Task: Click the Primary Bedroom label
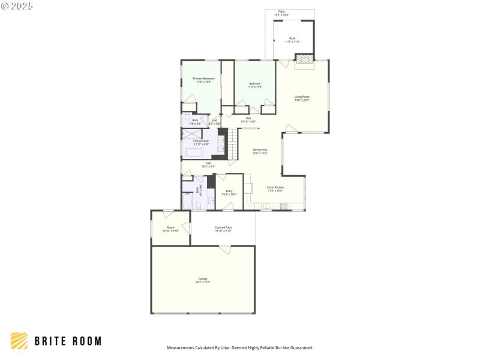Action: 203,80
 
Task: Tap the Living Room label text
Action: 302,98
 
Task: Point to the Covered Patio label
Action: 223,229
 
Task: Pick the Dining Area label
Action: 260,151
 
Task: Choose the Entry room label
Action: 229,192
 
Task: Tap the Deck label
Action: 292,40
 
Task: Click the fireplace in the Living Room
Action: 305,59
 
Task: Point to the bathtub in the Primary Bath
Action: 194,152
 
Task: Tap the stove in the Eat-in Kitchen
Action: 284,206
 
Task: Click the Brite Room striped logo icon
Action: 19,341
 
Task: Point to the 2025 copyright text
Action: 17,6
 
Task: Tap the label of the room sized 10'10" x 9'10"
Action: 170,229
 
